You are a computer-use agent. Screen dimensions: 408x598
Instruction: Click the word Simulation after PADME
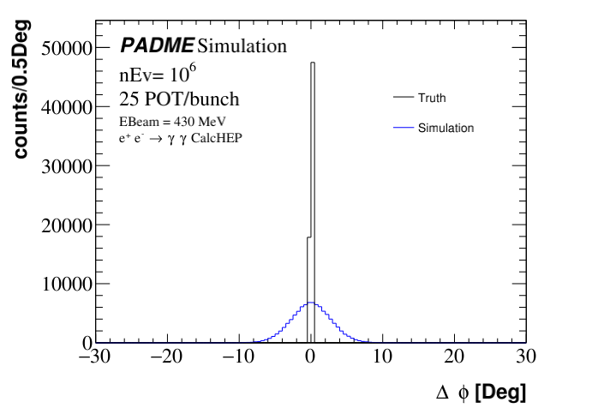click(242, 45)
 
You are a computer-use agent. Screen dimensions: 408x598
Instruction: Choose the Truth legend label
click(432, 99)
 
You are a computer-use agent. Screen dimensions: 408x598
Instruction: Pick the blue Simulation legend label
click(446, 128)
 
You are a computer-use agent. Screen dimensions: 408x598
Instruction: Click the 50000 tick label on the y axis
click(66, 49)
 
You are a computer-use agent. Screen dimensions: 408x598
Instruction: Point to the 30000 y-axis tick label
click(66, 166)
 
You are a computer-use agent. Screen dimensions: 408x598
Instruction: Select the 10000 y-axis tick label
click(66, 284)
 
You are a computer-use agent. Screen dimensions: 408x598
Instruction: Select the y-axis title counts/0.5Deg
click(22, 90)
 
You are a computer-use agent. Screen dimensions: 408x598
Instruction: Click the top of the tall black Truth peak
click(313, 63)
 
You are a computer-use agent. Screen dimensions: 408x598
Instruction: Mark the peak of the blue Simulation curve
click(312, 303)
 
